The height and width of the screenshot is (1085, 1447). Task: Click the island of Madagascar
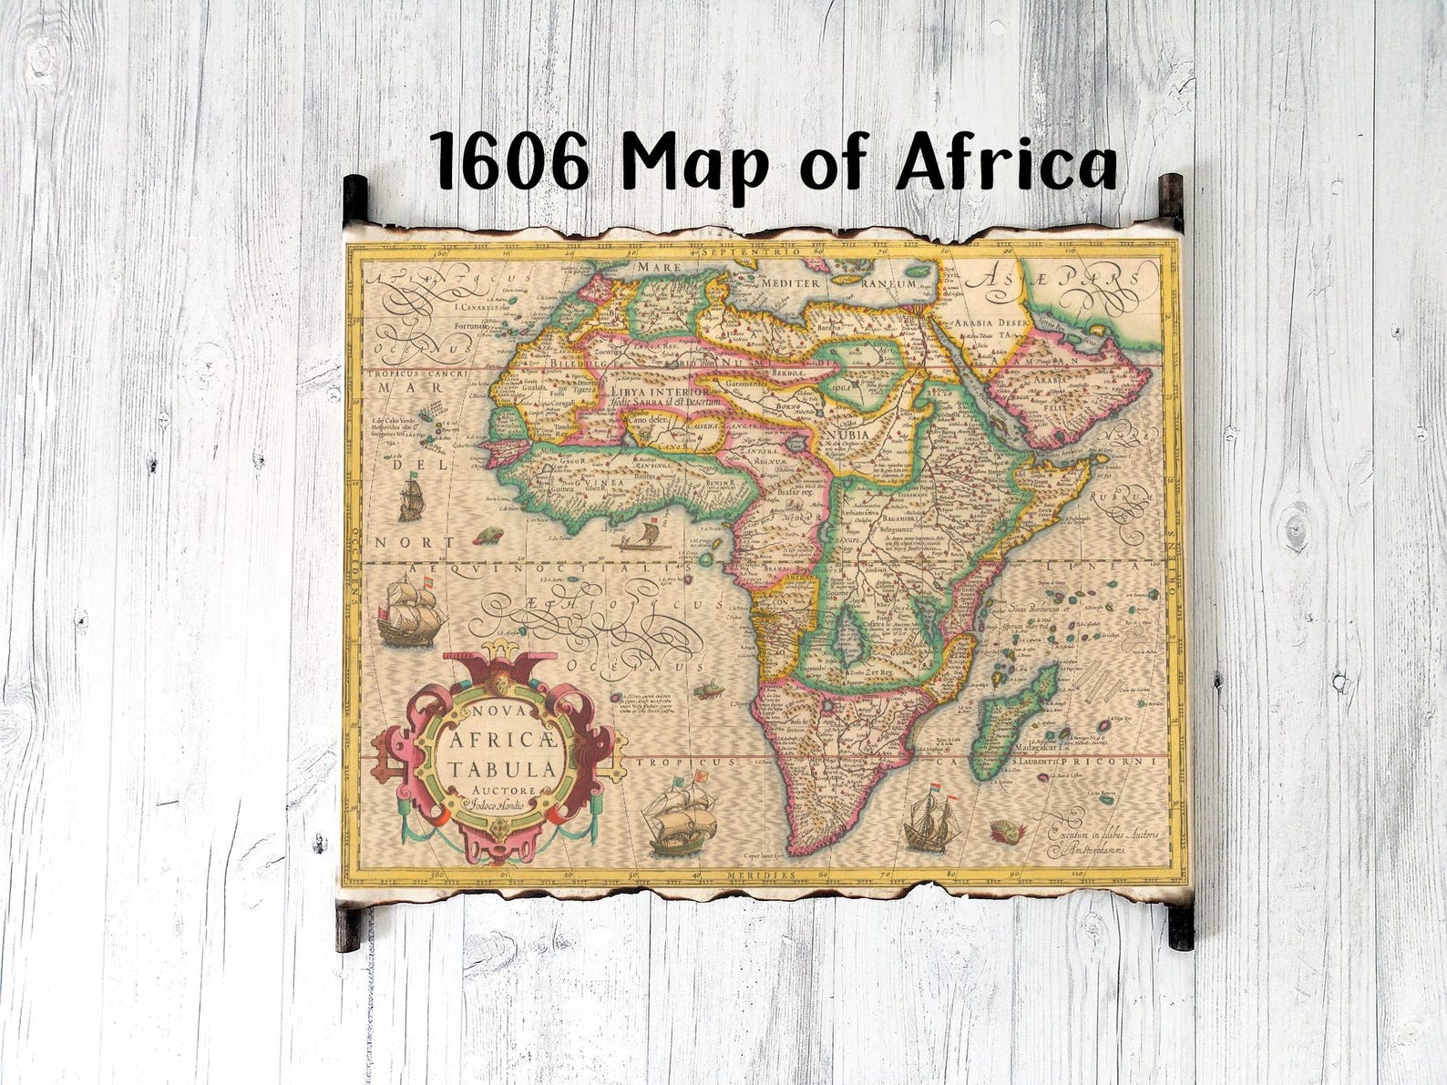point(1014,724)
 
